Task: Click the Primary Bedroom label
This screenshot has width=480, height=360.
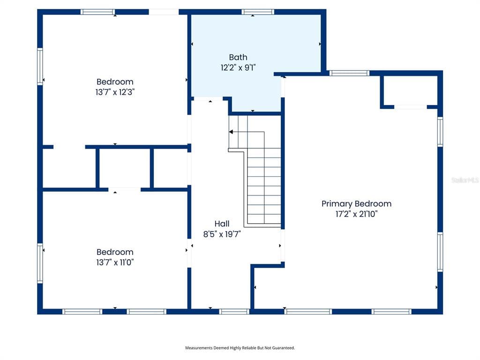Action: [x=356, y=203]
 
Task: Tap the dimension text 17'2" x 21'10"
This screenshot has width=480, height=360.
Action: [x=356, y=214]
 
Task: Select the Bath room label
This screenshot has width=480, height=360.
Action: [x=238, y=57]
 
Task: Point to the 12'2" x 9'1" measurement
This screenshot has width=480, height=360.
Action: [x=238, y=67]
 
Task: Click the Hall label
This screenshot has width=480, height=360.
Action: [x=222, y=224]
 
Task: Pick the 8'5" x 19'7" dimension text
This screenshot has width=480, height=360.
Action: [x=222, y=234]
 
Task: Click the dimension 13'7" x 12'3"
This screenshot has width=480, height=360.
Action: [x=115, y=92]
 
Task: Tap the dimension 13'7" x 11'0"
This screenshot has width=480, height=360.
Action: [x=115, y=262]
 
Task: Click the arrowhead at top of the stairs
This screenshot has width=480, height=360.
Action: [x=231, y=132]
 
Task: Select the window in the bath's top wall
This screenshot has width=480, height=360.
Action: [x=258, y=12]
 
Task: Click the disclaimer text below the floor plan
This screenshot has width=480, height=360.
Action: [x=240, y=348]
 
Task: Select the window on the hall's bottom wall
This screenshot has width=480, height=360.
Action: [x=234, y=311]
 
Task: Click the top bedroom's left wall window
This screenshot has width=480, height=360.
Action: [x=40, y=67]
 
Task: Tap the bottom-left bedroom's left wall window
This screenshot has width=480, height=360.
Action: [x=40, y=263]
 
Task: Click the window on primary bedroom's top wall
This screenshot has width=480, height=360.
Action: [x=349, y=73]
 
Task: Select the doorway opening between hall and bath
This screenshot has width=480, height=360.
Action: [x=209, y=99]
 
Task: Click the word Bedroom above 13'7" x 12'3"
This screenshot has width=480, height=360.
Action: [x=115, y=82]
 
